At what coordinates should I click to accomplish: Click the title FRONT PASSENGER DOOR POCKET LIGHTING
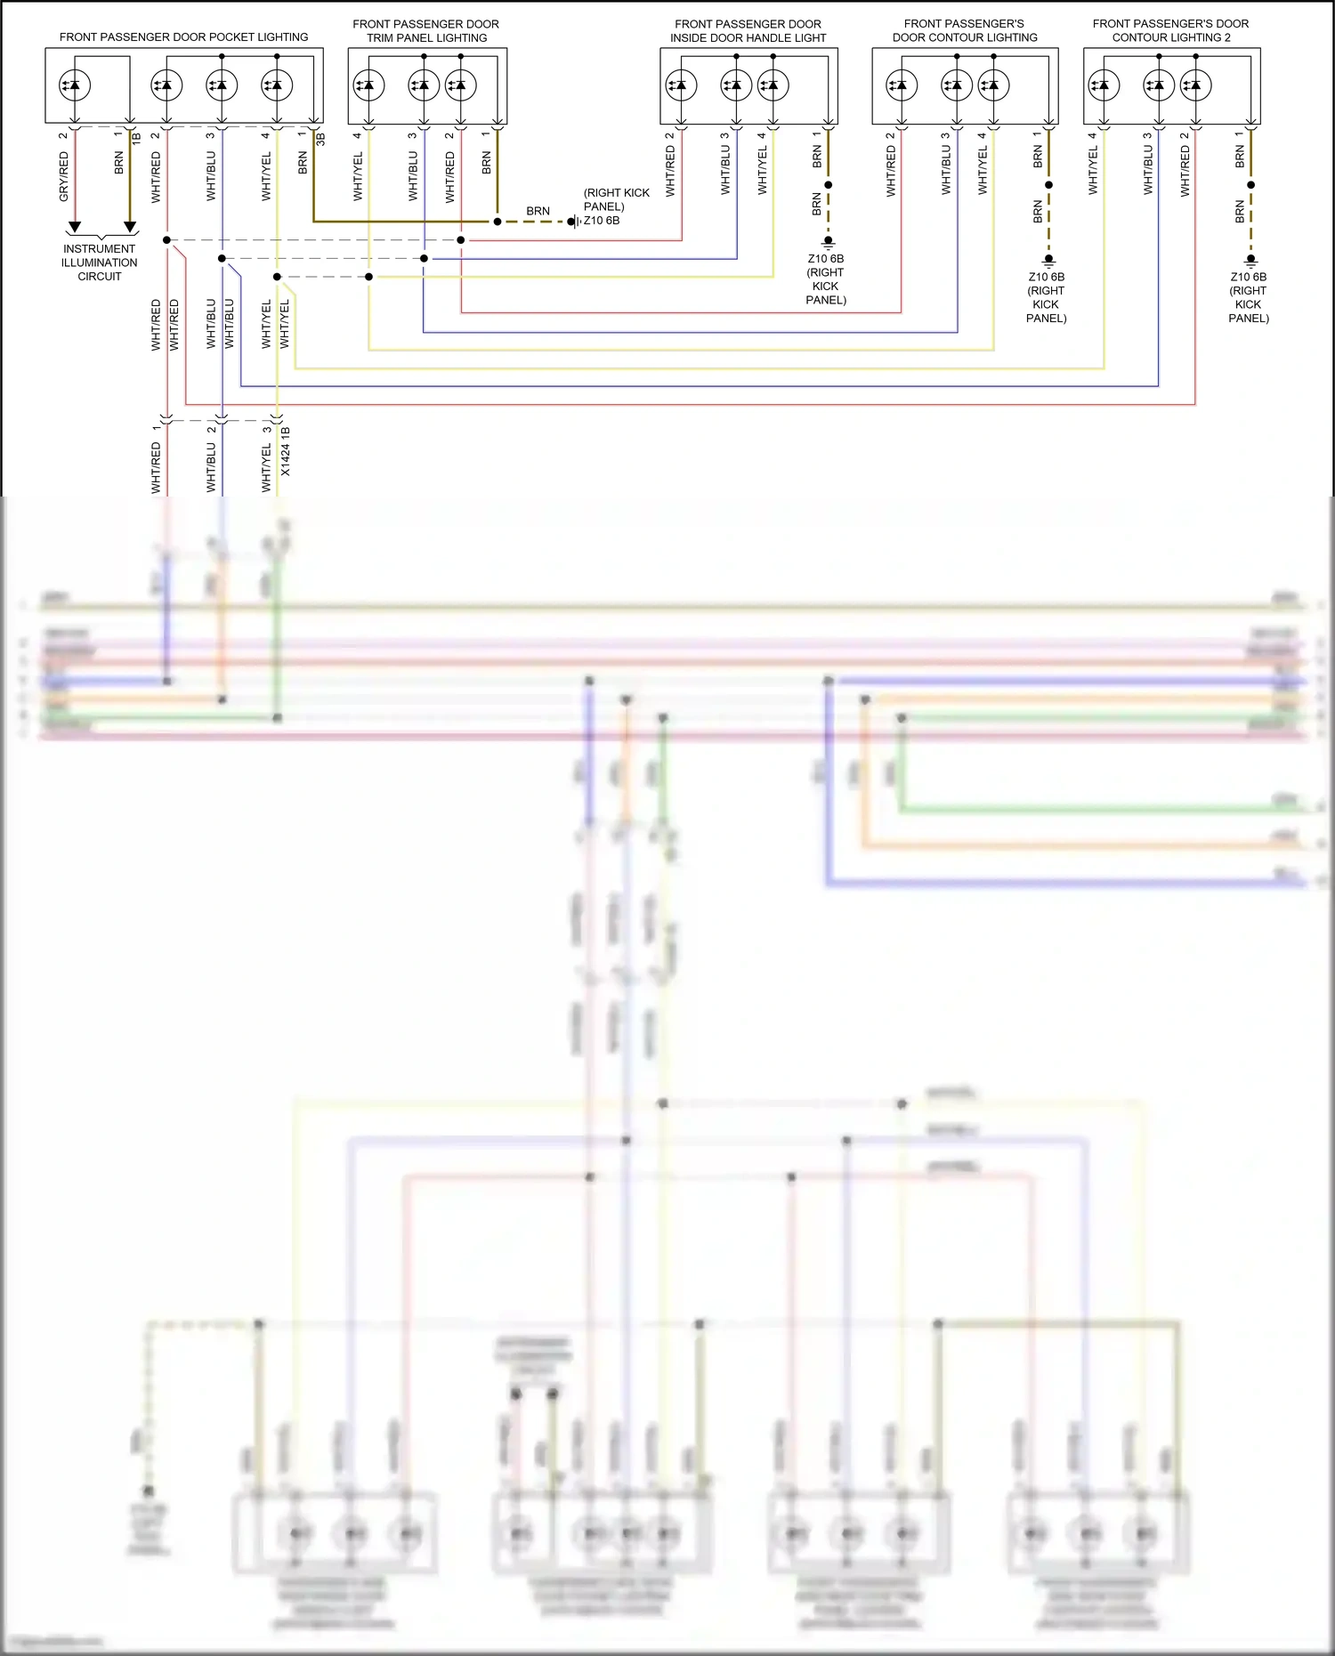point(183,37)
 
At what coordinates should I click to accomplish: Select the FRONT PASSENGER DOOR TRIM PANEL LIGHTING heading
point(426,31)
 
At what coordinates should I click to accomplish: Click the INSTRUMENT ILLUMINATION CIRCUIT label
point(100,263)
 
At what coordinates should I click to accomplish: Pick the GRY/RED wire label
point(64,176)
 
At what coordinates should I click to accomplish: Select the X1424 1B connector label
point(286,451)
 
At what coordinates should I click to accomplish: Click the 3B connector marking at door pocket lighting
point(320,140)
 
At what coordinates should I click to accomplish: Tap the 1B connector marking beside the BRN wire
point(136,140)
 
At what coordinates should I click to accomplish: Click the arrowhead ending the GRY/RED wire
point(75,227)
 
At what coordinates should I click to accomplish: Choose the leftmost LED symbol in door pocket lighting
point(75,85)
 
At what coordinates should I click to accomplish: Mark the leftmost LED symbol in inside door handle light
point(681,85)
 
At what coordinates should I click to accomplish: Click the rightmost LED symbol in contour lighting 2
point(1195,85)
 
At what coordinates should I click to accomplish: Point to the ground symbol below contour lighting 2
point(1250,261)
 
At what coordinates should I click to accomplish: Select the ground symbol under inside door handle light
point(828,242)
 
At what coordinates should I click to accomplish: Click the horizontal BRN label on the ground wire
point(538,212)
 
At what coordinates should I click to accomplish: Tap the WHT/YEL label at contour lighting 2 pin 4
point(1093,171)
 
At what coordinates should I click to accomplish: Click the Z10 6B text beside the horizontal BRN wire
point(602,221)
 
